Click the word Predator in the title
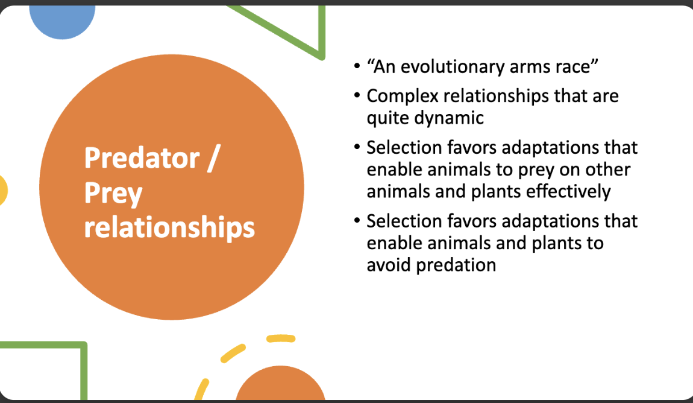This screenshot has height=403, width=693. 142,158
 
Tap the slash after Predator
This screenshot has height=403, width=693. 213,158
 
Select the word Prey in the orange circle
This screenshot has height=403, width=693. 113,194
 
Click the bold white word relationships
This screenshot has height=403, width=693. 169,228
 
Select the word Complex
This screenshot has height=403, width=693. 402,97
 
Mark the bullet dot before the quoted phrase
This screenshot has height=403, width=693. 357,67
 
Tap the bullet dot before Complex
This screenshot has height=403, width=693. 357,95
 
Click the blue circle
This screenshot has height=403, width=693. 62,20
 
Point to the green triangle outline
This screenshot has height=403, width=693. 322,31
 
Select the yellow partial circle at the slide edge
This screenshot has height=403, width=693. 3,191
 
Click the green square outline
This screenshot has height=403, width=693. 83,372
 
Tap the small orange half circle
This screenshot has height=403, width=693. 280,383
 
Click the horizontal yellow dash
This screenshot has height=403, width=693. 281,339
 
